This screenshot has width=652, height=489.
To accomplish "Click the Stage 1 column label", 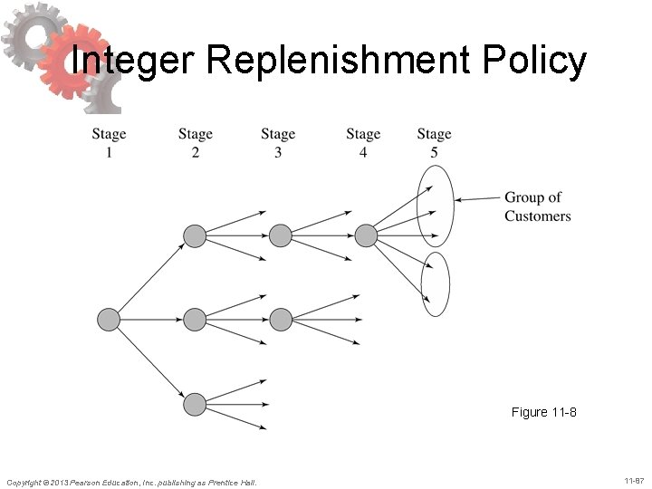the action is [x=109, y=143].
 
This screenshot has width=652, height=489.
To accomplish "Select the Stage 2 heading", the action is [x=195, y=143].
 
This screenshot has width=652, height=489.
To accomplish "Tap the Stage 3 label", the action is [x=278, y=143].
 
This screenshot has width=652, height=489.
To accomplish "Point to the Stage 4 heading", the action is [x=363, y=143].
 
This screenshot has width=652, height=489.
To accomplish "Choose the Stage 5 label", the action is [x=434, y=143].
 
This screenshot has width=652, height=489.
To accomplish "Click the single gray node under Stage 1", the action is [x=108, y=320].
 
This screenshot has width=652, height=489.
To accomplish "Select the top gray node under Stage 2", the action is [x=195, y=236].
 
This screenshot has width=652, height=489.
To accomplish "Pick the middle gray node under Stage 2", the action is [x=195, y=320].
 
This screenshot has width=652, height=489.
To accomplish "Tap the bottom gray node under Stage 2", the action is [x=195, y=403].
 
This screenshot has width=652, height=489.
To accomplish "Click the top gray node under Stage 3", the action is [x=280, y=236].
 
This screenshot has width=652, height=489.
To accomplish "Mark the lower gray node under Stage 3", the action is [x=280, y=320].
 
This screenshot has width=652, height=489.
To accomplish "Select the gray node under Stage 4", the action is [x=365, y=236].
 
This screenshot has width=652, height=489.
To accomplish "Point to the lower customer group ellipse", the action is [x=436, y=283].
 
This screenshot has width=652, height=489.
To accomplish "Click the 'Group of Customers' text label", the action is [x=537, y=206].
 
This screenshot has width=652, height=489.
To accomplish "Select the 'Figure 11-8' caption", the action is [x=543, y=413].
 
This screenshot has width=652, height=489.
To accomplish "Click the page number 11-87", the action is [x=633, y=479].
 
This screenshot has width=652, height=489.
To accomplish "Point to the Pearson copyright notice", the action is [x=131, y=482].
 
